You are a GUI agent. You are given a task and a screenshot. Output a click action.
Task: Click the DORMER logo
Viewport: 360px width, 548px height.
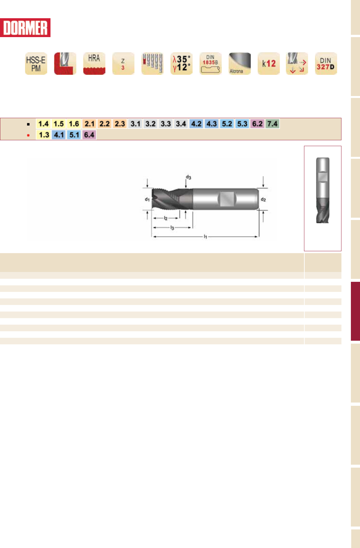[x=25, y=28]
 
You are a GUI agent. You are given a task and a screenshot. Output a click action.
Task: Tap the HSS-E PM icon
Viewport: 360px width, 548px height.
[x=36, y=63]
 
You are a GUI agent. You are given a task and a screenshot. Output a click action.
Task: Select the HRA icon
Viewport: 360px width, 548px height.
[x=94, y=63]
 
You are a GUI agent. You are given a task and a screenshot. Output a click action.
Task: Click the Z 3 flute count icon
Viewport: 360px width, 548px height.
[x=123, y=63]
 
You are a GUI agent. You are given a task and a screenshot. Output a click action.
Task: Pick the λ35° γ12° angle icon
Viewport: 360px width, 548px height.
[x=181, y=63]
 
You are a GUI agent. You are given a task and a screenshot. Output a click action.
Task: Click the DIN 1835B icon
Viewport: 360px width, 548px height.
[x=211, y=63]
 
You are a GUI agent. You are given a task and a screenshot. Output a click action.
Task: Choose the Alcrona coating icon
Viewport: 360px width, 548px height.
[x=240, y=63]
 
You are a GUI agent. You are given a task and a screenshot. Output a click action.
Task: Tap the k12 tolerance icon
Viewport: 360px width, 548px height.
[x=269, y=63]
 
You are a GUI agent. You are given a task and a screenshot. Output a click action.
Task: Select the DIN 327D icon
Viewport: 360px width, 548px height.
[x=326, y=63]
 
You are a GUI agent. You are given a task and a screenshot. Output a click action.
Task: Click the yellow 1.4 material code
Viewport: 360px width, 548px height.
[x=44, y=124]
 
